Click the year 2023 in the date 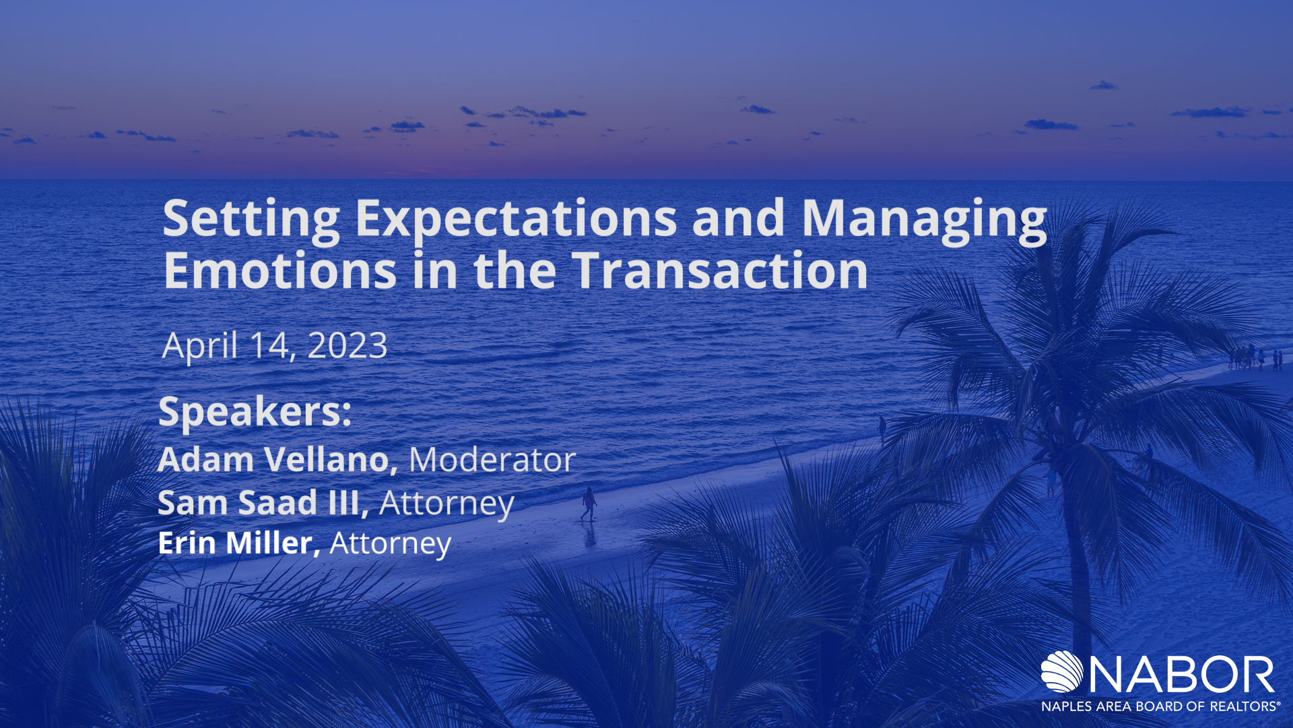pyautogui.click(x=347, y=346)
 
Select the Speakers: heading pyautogui.click(x=255, y=413)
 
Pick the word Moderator pyautogui.click(x=492, y=460)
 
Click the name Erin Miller pyautogui.click(x=238, y=543)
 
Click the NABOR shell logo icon pyautogui.click(x=1062, y=671)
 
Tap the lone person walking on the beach pyautogui.click(x=589, y=504)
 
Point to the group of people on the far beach pyautogui.click(x=1255, y=357)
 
